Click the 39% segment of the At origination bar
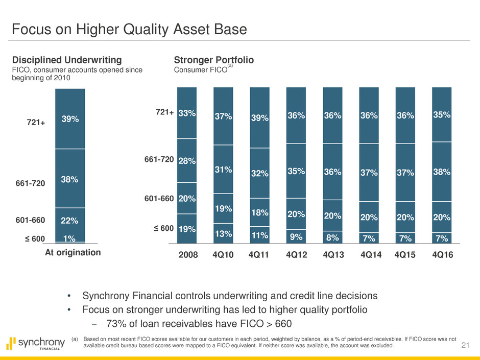click(70, 118)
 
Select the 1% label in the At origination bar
click(70, 238)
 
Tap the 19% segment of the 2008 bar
click(187, 229)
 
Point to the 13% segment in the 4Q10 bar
click(223, 234)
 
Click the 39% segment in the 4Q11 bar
click(259, 117)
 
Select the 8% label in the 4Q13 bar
click(332, 236)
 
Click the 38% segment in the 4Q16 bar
click(442, 172)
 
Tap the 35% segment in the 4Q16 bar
click(442, 114)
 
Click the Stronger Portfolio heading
click(214, 60)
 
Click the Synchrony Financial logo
click(36, 344)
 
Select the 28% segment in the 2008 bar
click(187, 161)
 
